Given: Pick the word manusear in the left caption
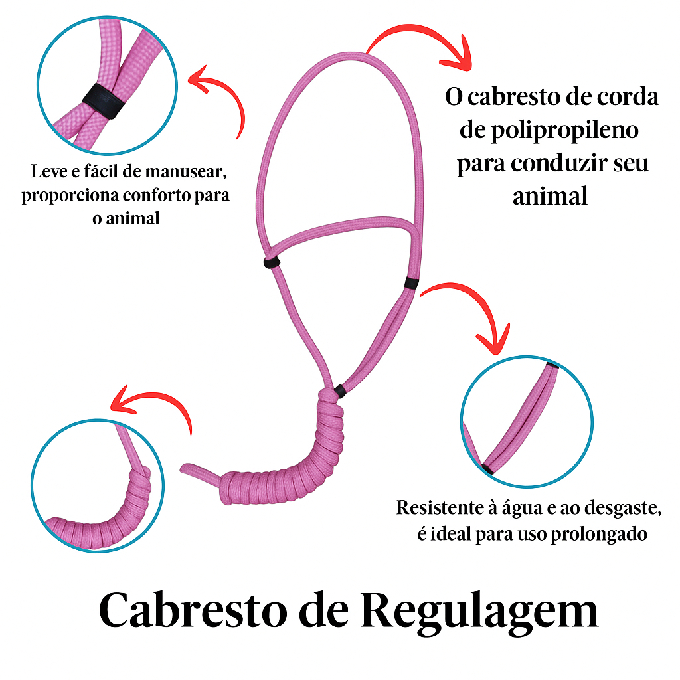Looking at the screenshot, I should pyautogui.click(x=187, y=172).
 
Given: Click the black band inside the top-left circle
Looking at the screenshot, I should pyautogui.click(x=102, y=100).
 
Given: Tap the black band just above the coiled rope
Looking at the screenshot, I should pyautogui.click(x=339, y=391).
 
